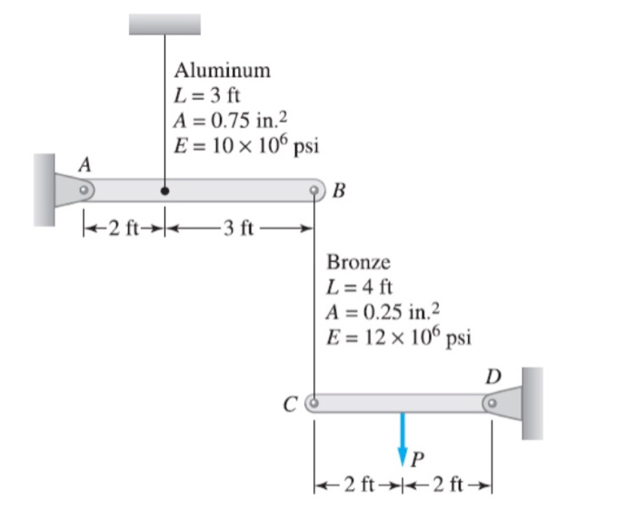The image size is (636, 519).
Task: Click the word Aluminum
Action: (x=223, y=70)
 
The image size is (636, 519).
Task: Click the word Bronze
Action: (x=358, y=263)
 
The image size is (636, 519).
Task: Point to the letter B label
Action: (x=339, y=191)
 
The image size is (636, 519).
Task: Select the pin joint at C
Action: (x=313, y=400)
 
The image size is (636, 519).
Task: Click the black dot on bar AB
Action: (x=164, y=191)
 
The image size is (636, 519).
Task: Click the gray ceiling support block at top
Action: (x=164, y=24)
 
